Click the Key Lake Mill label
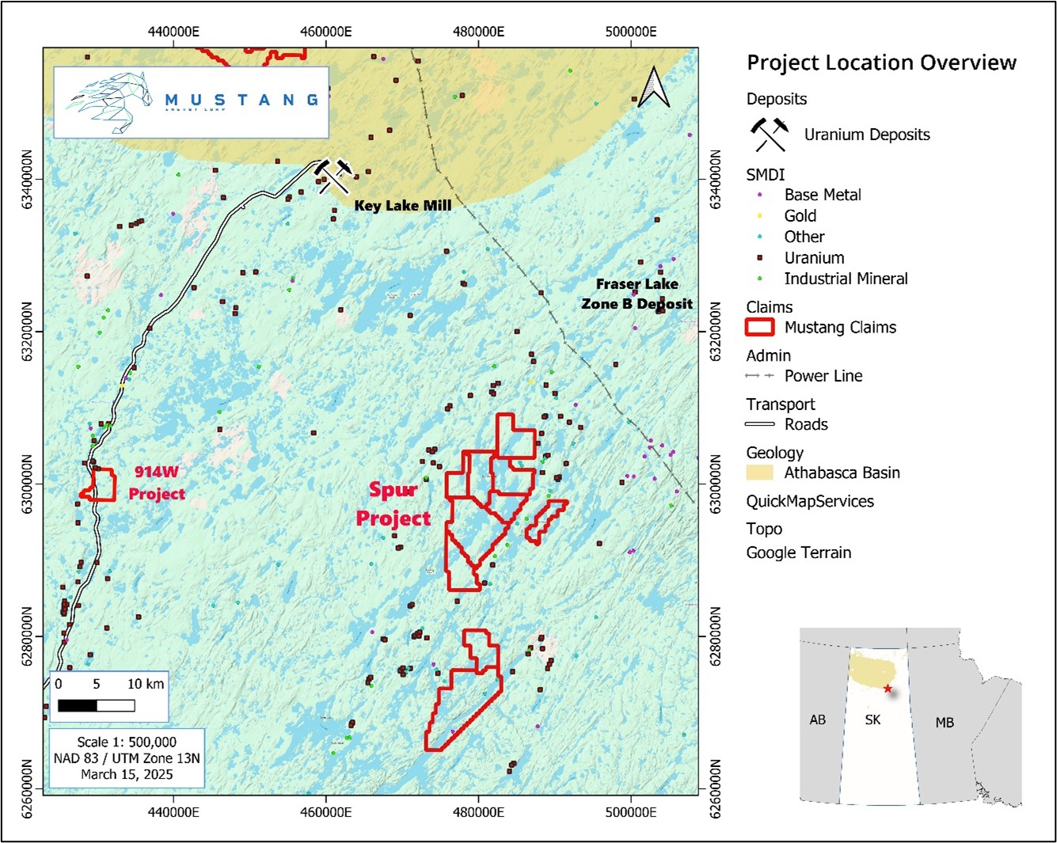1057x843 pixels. [x=402, y=206]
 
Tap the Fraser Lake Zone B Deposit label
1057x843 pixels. [x=637, y=294]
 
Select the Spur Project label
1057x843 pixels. [x=394, y=504]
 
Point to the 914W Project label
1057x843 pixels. [x=157, y=483]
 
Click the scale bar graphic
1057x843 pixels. [x=96, y=705]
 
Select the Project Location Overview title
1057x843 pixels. [x=881, y=63]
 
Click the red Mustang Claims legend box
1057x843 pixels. [x=759, y=327]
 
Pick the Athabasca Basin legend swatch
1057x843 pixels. [x=759, y=473]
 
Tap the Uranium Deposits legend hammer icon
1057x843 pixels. [x=770, y=135]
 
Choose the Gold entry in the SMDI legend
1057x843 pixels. [x=800, y=216]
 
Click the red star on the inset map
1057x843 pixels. [x=888, y=689]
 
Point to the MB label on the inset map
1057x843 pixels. [x=945, y=723]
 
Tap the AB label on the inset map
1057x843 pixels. [x=818, y=720]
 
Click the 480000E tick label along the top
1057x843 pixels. [x=478, y=32]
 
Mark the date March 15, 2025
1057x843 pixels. [x=127, y=774]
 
